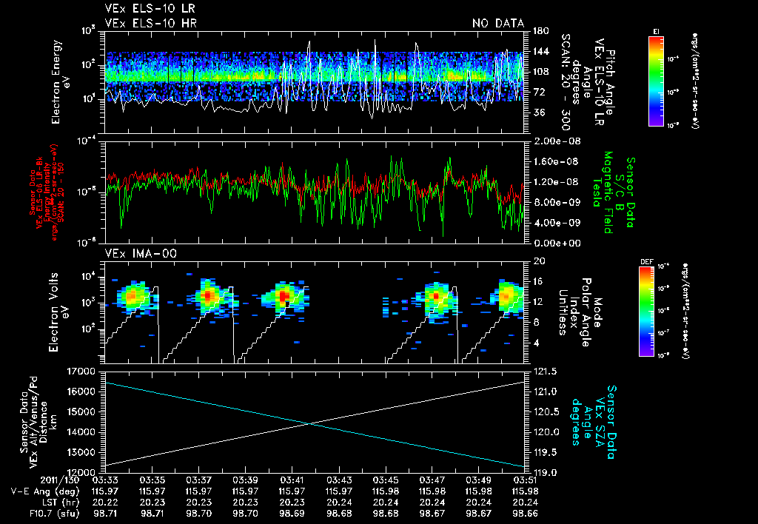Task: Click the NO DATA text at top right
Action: [498, 24]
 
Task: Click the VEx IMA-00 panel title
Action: [135, 253]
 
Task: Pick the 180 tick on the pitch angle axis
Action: [540, 31]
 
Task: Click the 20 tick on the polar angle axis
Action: [538, 261]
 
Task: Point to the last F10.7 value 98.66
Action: [526, 513]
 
